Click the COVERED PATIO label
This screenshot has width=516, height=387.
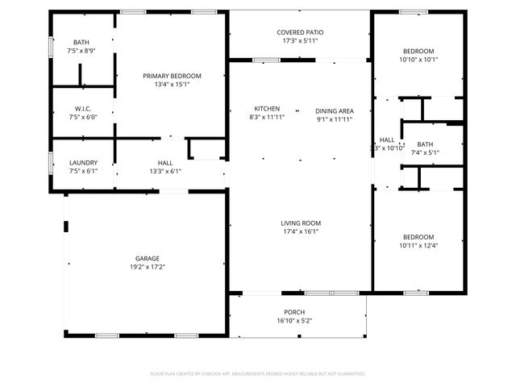click(x=300, y=32)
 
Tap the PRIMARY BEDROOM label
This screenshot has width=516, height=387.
click(x=172, y=76)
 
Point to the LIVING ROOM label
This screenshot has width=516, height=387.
click(x=300, y=223)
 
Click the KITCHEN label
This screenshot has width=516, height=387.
click(x=267, y=109)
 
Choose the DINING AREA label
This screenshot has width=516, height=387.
click(x=334, y=110)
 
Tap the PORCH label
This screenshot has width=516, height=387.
click(x=293, y=312)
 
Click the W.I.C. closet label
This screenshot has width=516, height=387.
click(x=82, y=109)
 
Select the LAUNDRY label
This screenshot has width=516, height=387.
click(x=83, y=162)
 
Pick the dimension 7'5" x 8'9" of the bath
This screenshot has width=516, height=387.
click(x=82, y=51)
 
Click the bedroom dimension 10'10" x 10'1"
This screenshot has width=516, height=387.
click(x=418, y=59)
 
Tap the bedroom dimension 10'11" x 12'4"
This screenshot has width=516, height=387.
click(x=418, y=245)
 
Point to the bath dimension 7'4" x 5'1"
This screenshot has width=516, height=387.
click(x=424, y=152)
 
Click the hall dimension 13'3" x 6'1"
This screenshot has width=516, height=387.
click(x=165, y=171)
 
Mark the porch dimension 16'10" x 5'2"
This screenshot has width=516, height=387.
click(x=293, y=320)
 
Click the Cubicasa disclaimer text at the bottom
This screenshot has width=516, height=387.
click(x=258, y=373)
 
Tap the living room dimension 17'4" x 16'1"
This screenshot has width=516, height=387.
click(x=300, y=231)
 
